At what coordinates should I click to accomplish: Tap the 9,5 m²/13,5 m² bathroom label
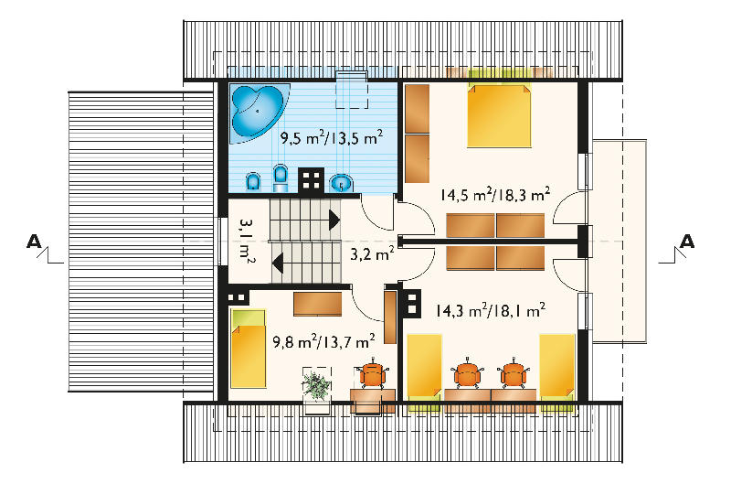point(332,138)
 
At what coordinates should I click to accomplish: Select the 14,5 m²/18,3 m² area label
point(494,194)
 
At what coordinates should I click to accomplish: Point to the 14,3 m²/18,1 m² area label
point(491,310)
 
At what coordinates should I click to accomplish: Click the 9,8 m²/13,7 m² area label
point(324,341)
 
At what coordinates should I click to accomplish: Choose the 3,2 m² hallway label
point(372,254)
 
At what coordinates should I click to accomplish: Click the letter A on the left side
point(34,242)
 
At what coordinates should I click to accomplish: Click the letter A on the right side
point(687,242)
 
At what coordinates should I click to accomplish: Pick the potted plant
point(316,385)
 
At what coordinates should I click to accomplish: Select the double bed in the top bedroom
point(499,115)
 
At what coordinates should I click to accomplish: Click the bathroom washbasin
point(343,183)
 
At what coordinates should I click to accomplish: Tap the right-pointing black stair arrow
point(334,220)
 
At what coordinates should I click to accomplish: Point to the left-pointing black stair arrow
point(278,263)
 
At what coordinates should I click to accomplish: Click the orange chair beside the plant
point(373,373)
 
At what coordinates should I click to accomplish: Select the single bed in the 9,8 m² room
point(249,349)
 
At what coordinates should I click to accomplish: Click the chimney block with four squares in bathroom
point(311,179)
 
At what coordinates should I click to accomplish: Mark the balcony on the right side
point(620,242)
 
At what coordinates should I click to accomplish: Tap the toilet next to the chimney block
point(280,177)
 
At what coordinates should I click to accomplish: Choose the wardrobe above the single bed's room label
point(317,304)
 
